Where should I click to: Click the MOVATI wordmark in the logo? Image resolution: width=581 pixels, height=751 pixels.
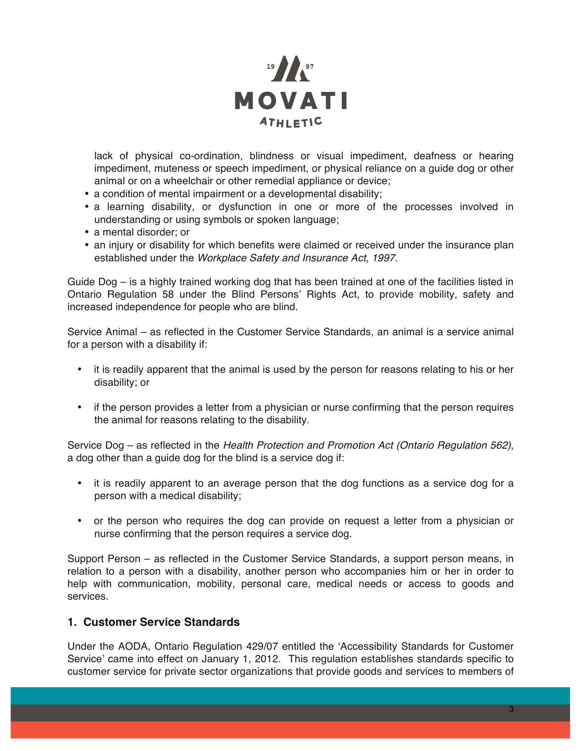click(290, 101)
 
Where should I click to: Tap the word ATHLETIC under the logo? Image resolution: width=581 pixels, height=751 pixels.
click(291, 122)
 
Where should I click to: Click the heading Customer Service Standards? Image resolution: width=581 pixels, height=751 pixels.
click(161, 622)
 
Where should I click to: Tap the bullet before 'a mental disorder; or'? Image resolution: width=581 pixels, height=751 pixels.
click(86, 233)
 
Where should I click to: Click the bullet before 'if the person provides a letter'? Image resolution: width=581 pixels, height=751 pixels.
click(80, 408)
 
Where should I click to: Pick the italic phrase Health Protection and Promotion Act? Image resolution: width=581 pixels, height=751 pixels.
click(309, 445)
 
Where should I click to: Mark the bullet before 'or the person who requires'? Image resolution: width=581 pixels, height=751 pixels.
click(80, 521)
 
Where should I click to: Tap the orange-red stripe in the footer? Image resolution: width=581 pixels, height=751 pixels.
click(290, 730)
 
